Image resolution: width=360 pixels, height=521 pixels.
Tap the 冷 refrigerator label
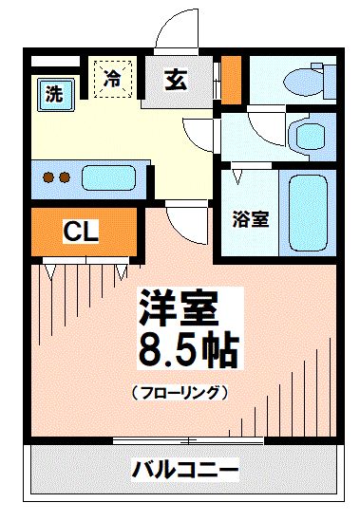(113, 76)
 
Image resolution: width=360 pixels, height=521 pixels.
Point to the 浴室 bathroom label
(252, 219)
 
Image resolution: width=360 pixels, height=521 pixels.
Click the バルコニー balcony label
(184, 470)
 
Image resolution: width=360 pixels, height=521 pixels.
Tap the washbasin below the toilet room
(308, 136)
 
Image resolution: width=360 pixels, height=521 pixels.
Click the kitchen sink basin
(111, 177)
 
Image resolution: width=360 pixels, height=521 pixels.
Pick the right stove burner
(65, 177)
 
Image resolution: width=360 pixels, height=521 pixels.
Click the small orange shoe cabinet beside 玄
(230, 80)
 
